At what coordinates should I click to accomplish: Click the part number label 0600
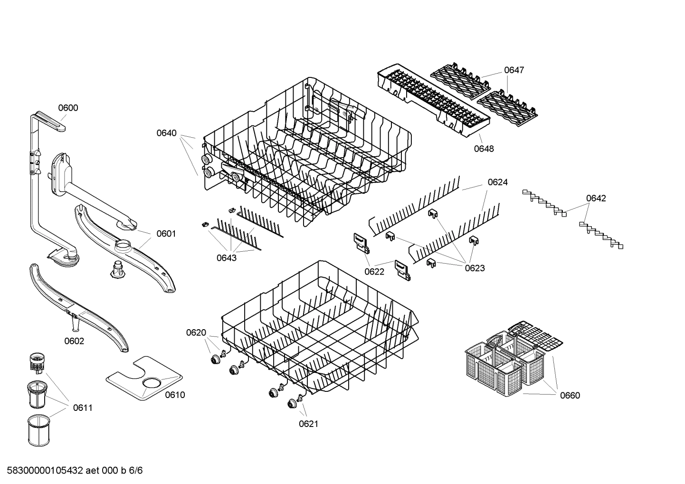pyautogui.click(x=68, y=108)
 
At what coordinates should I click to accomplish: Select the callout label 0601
pyautogui.click(x=166, y=234)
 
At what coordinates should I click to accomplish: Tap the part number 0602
pyautogui.click(x=74, y=341)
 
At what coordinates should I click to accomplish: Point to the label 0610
pyautogui.click(x=175, y=395)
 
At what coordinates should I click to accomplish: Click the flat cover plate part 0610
pyautogui.click(x=143, y=378)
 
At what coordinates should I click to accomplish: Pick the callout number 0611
pyautogui.click(x=83, y=408)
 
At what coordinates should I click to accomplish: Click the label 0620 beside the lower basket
pyautogui.click(x=196, y=333)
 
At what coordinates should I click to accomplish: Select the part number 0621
pyautogui.click(x=308, y=424)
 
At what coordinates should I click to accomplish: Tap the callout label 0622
pyautogui.click(x=374, y=272)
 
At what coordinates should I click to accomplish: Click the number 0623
pyautogui.click(x=475, y=268)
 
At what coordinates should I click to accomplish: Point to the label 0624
pyautogui.click(x=497, y=182)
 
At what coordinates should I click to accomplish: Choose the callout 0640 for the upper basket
pyautogui.click(x=166, y=133)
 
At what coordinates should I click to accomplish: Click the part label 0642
pyautogui.click(x=596, y=198)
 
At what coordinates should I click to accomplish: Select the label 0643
pyautogui.click(x=227, y=258)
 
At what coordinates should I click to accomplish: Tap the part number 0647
pyautogui.click(x=514, y=70)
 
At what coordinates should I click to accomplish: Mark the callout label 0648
pyautogui.click(x=484, y=149)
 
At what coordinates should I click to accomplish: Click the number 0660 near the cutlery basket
pyautogui.click(x=570, y=395)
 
